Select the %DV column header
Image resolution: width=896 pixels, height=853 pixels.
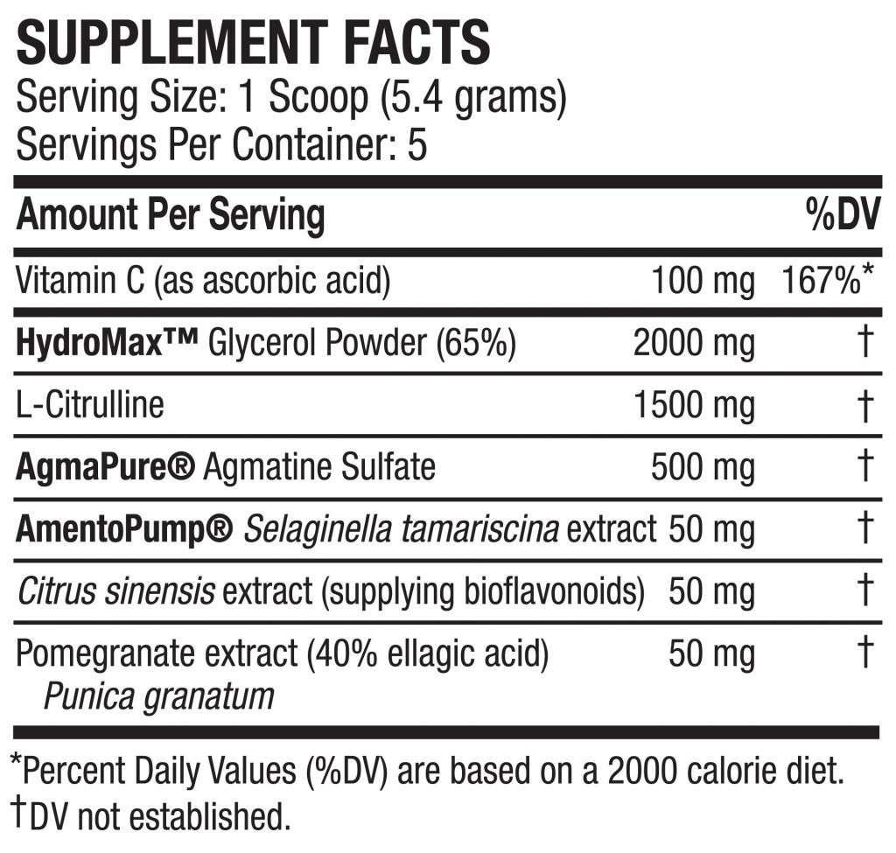[x=842, y=214]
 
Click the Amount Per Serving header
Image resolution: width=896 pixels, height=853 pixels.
[x=171, y=214]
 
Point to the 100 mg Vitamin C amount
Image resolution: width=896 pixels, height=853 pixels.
[x=703, y=282]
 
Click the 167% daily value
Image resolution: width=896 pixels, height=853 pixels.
[x=820, y=282]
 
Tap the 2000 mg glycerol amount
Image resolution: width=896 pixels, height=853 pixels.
[x=694, y=344]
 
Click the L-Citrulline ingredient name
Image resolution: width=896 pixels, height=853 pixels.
[x=90, y=405]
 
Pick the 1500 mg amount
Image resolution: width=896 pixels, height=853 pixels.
[x=694, y=405]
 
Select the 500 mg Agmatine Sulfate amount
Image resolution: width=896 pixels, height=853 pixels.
[x=703, y=466]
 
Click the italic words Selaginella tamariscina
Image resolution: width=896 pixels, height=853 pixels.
[x=401, y=528]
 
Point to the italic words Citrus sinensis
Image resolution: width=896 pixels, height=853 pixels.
[x=115, y=591]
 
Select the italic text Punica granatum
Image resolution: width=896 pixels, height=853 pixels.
[x=158, y=696]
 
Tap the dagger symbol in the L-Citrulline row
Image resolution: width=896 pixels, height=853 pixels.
[x=865, y=405]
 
